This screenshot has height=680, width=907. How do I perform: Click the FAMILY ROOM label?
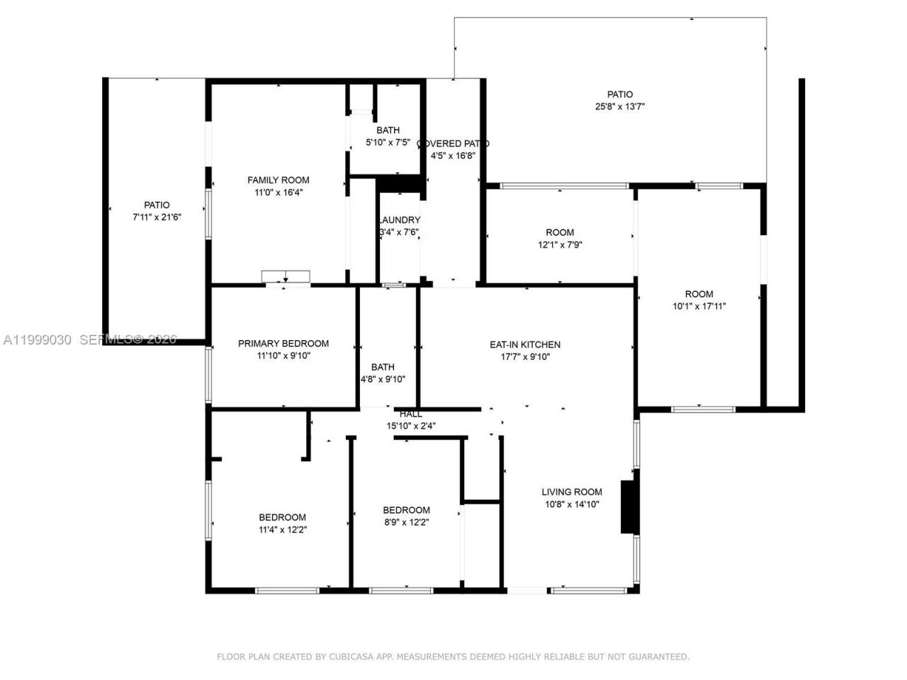pos(278,180)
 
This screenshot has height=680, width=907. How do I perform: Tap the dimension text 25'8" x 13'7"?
pos(619,107)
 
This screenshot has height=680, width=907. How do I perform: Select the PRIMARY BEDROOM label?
pos(283,344)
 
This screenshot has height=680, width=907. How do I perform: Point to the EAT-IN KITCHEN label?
pos(525,345)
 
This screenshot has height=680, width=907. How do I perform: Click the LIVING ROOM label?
pos(571,492)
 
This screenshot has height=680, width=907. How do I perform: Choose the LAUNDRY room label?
pos(400,220)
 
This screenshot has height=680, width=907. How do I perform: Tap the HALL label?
pos(410,414)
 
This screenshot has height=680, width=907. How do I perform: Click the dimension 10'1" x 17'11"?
pos(699,307)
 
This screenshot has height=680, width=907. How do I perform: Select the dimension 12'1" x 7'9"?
pos(560,245)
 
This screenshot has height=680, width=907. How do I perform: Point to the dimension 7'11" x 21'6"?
pos(157,217)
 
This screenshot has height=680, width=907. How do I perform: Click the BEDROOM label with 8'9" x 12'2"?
pos(406,510)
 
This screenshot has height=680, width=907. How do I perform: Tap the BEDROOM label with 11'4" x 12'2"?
pos(282,517)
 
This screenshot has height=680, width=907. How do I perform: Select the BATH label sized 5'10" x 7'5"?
pos(388,130)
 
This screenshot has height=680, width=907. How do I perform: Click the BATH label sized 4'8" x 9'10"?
pos(383,367)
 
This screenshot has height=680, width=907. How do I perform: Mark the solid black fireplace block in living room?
pos(629,506)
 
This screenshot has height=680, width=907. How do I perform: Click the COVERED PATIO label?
pos(453,144)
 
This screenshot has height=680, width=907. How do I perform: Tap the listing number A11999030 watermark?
pos(38,340)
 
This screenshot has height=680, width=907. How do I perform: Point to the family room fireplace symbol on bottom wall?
pos(286,277)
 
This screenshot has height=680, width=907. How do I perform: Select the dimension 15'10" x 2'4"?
pos(410,426)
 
